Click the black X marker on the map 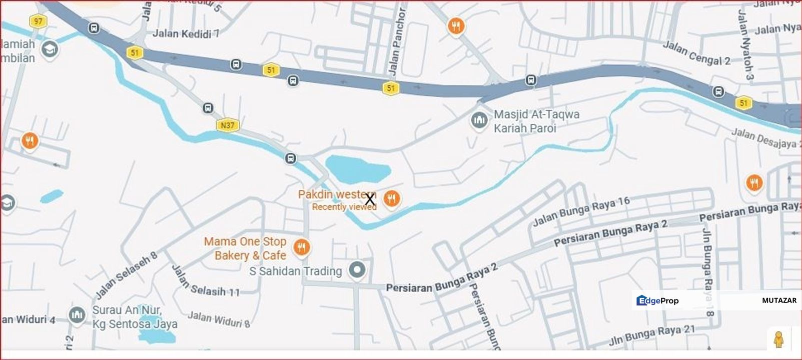pos(370,199)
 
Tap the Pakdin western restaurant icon pos(392,199)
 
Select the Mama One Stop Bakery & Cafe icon pos(302,247)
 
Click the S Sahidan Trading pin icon pos(357,270)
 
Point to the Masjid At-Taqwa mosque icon pos(479,120)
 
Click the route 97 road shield pos(38,21)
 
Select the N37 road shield pos(228,125)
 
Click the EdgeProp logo pos(657,300)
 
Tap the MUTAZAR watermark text pos(779,300)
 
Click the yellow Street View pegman pos(778,339)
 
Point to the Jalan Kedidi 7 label pos(186,34)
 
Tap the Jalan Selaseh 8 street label pos(126,274)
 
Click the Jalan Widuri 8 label pos(219,319)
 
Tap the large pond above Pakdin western pos(357,168)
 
